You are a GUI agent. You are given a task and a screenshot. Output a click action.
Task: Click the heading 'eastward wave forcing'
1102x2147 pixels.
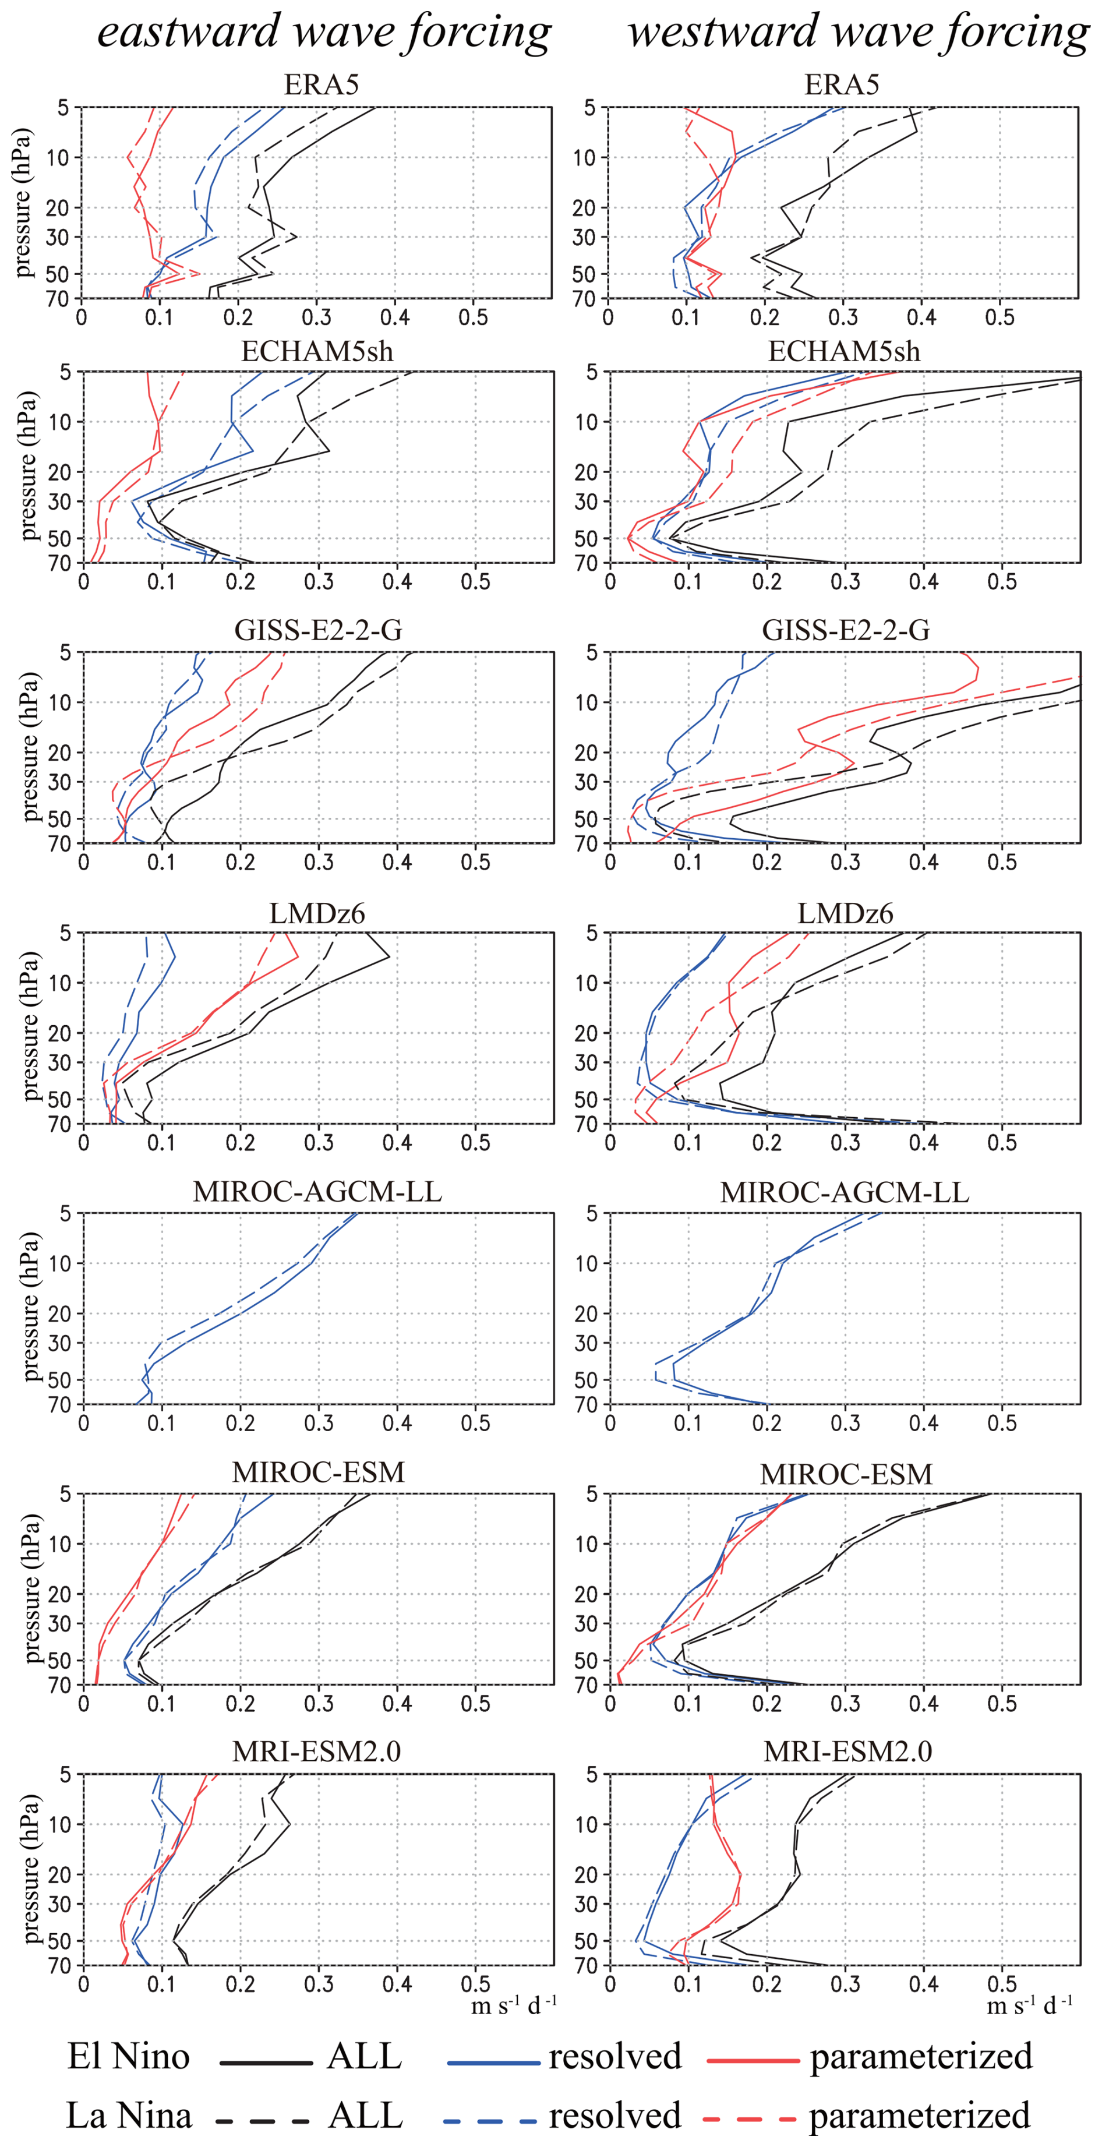coord(324,33)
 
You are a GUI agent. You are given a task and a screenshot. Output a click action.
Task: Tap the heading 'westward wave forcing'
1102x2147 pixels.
coord(859,33)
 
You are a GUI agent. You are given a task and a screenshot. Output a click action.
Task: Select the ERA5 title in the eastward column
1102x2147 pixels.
coord(321,85)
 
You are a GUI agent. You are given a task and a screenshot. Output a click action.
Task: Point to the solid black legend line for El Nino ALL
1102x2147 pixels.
coord(266,2062)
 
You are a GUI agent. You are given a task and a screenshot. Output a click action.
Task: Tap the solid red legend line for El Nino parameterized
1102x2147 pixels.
coord(753,2062)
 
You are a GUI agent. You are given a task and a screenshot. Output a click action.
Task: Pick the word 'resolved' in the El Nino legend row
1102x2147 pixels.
coord(615,2057)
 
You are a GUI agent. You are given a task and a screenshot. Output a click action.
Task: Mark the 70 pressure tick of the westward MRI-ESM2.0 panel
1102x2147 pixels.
coord(589,1965)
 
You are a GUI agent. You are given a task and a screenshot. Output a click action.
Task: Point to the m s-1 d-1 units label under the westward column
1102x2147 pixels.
coord(1029,2006)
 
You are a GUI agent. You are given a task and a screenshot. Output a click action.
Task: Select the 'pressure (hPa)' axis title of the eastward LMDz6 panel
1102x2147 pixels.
coord(31,1027)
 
